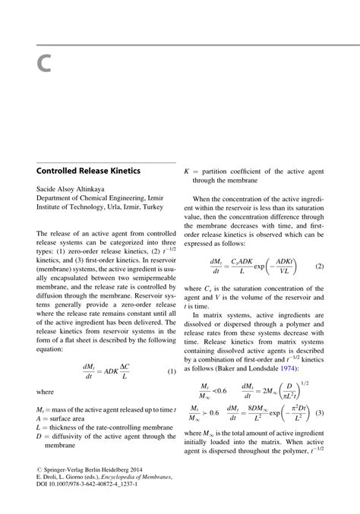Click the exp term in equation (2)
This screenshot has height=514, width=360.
coord(261,266)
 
